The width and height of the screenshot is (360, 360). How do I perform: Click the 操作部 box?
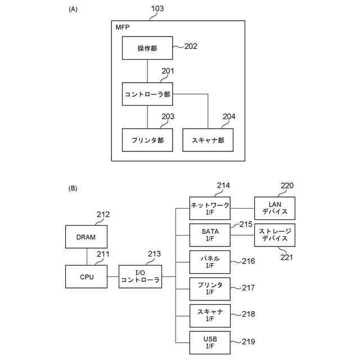click(147, 48)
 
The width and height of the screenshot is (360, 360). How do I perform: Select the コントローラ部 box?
click(147, 94)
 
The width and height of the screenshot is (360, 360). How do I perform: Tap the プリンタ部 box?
click(147, 140)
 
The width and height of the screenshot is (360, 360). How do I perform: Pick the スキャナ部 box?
click(208, 140)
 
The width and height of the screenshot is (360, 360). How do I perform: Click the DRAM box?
click(86, 237)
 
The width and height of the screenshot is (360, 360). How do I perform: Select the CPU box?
click(86, 277)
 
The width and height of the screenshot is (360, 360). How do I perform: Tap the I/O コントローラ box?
click(140, 277)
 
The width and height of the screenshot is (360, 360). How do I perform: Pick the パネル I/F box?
click(210, 262)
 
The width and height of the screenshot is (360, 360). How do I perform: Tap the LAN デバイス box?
click(274, 208)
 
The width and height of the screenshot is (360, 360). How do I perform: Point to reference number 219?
click(248, 341)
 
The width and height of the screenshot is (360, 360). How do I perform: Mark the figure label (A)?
click(73, 9)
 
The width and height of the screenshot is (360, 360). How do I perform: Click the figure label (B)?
click(73, 188)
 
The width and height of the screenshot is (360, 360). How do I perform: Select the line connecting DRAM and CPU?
click(86, 257)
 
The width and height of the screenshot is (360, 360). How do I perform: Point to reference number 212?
click(103, 214)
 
